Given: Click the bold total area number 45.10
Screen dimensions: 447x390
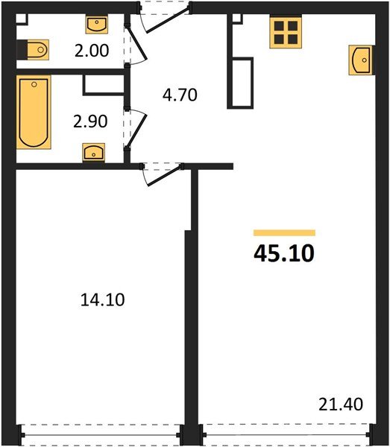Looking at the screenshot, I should pos(284,253).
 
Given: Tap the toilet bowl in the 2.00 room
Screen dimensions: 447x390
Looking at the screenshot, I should pos(34,50).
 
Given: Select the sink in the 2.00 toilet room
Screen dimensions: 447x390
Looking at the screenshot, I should pos(98,25).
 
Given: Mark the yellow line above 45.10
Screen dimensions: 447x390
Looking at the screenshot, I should pos(284,233).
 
